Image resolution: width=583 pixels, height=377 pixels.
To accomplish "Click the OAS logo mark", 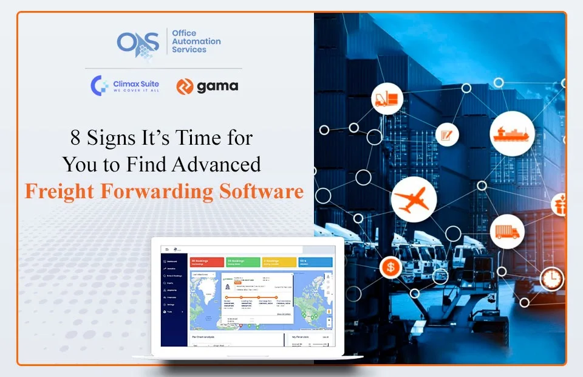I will click(x=138, y=42).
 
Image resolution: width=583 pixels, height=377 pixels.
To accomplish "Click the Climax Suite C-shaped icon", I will click(x=100, y=86).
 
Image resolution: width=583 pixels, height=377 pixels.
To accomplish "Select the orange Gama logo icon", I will click(x=185, y=86).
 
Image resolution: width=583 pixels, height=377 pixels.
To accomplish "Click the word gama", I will click(x=217, y=86).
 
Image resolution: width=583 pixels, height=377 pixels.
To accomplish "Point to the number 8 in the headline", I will click(x=75, y=139).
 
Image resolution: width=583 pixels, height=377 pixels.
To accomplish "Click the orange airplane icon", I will click(x=411, y=199).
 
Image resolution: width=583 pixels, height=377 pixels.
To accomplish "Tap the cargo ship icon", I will click(x=511, y=133).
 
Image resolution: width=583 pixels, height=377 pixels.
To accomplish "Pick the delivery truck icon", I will click(x=506, y=231).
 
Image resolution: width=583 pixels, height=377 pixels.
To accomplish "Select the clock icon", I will click(x=551, y=278).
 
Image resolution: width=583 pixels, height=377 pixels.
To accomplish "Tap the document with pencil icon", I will click(x=448, y=134).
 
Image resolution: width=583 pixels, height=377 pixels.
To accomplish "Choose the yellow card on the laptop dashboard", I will click(x=279, y=261).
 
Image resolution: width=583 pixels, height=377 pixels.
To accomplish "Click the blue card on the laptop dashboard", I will click(x=315, y=261).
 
